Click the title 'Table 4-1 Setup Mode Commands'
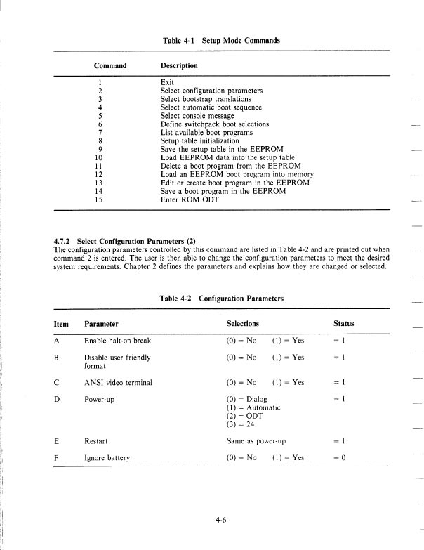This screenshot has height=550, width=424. coord(220,40)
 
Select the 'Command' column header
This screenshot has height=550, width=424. coord(110,66)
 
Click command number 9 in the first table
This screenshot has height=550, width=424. coord(102,149)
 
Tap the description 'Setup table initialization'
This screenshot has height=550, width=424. coord(199,140)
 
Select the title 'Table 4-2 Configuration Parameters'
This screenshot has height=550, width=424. coord(221,299)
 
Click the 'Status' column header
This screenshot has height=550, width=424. coord(343,324)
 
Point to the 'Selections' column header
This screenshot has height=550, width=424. coord(243,324)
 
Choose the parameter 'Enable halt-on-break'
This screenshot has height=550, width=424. coord(117,341)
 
